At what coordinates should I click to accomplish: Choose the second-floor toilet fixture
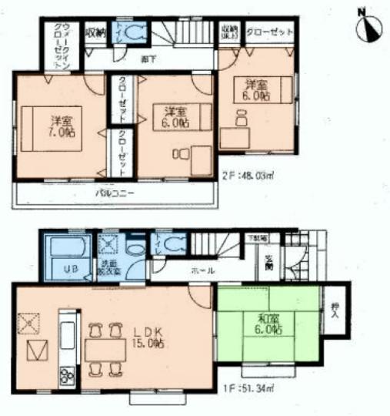tap(131, 32)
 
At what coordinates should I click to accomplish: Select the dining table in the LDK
tap(107, 351)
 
